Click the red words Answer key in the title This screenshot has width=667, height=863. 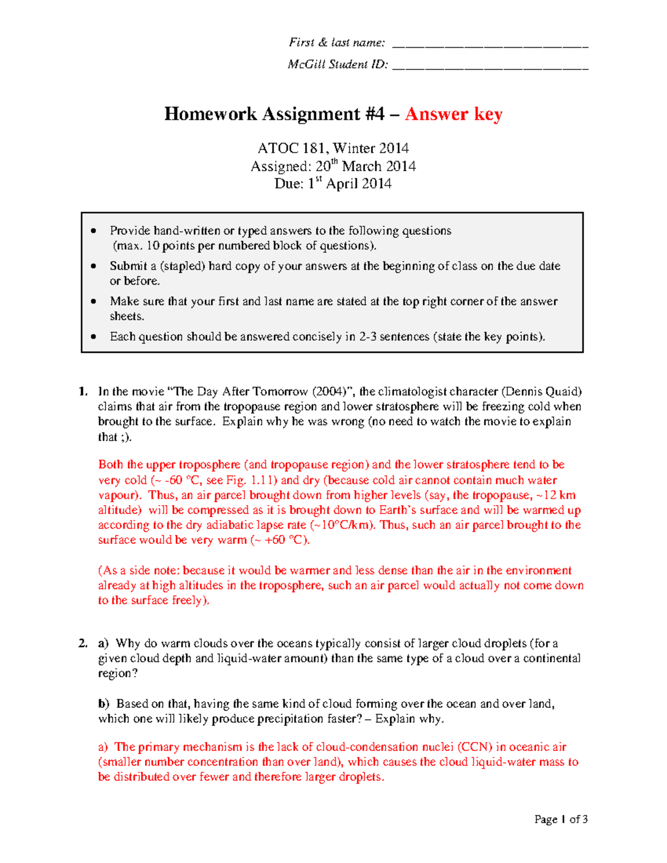[x=454, y=114]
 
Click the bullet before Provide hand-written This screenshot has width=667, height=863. [x=93, y=231]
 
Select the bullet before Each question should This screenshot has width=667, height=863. [x=93, y=337]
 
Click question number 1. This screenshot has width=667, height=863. [x=83, y=391]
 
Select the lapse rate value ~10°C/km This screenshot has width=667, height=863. [x=342, y=525]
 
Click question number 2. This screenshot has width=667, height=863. [x=83, y=643]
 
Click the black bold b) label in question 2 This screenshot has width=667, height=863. [x=104, y=704]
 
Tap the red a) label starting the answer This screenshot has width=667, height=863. [x=103, y=747]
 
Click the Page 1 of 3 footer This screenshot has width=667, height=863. [x=561, y=819]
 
